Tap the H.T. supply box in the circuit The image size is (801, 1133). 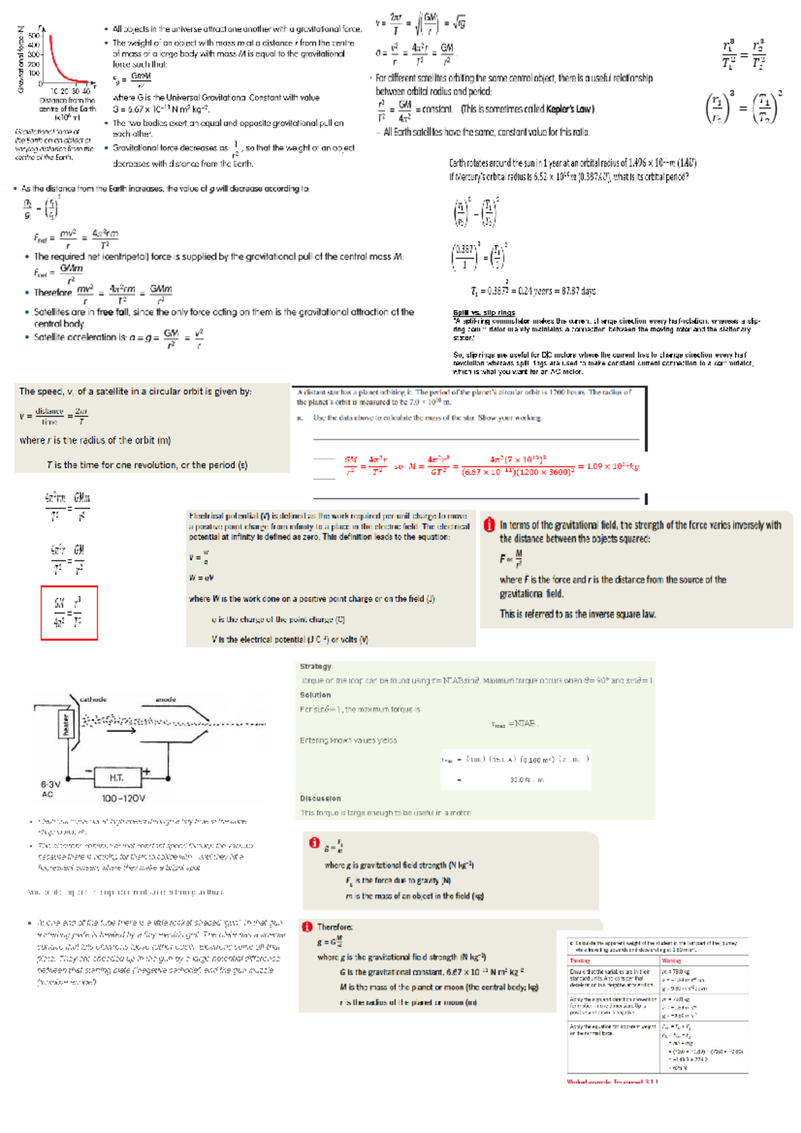(117, 777)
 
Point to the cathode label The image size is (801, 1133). (93, 699)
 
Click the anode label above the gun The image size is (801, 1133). (165, 699)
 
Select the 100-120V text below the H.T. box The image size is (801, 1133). (123, 798)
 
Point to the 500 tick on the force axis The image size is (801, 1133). (33, 36)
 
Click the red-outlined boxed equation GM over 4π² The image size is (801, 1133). (69, 613)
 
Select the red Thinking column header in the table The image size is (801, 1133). (580, 961)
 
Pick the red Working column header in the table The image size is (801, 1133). (671, 961)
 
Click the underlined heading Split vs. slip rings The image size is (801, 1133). (483, 312)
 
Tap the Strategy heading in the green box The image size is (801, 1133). (315, 667)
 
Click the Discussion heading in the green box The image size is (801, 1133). (320, 798)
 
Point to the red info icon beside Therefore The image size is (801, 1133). (307, 927)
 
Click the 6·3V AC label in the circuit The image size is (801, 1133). (50, 789)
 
